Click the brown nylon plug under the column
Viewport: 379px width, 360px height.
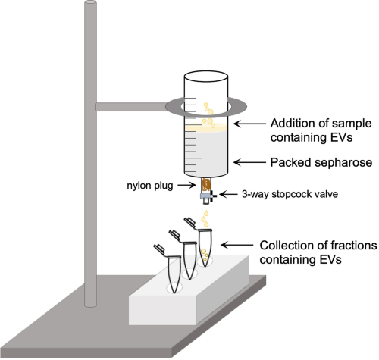[x=206, y=185]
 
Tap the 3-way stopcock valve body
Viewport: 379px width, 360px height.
[x=207, y=196]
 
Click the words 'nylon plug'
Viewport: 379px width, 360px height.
[x=150, y=186]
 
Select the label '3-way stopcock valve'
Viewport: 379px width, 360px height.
[x=290, y=194]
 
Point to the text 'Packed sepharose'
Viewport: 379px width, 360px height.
[x=321, y=162]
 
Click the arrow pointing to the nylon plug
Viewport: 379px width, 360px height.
[x=187, y=186]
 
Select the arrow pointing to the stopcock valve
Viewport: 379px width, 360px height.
[x=229, y=194]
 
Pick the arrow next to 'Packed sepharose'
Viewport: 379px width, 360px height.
[x=249, y=162]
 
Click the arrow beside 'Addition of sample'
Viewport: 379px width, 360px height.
[x=249, y=124]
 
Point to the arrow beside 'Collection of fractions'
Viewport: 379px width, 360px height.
[x=237, y=245]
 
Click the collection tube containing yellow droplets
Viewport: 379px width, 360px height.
[x=205, y=246]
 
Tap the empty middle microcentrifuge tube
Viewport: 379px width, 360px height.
[x=189, y=259]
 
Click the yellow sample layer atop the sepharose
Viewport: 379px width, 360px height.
[x=206, y=127]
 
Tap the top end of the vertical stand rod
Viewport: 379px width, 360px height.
[x=90, y=3]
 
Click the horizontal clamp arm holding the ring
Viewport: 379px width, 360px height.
[x=131, y=107]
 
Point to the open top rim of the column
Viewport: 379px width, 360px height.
[x=206, y=76]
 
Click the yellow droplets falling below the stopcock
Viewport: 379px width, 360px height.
[x=205, y=219]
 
